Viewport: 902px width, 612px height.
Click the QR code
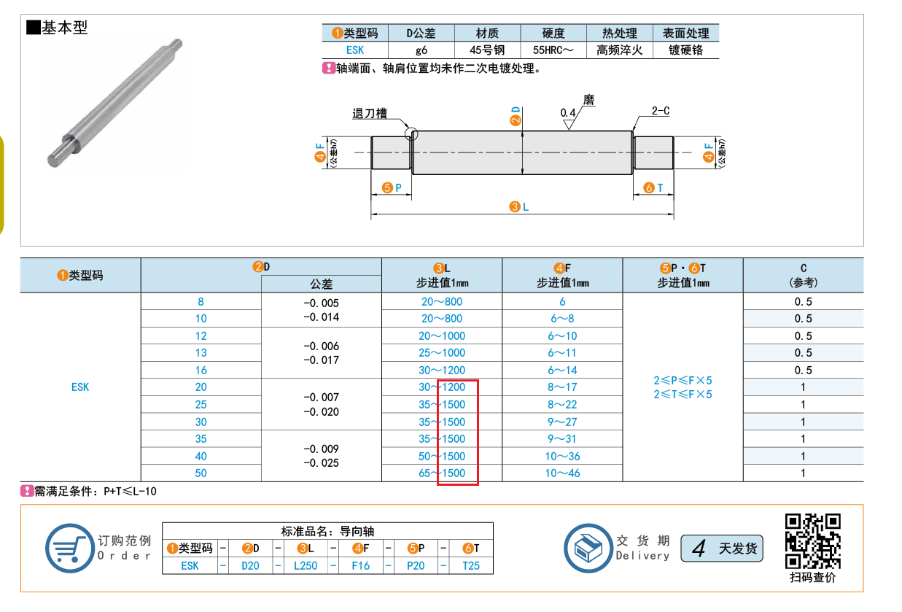[812, 541]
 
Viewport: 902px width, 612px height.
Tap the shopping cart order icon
[70, 548]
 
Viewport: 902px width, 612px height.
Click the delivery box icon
[588, 548]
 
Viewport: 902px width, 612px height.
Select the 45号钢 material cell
[487, 50]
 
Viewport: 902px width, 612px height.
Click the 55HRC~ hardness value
[553, 50]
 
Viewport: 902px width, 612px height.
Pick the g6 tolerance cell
[421, 50]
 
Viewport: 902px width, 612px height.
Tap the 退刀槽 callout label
[369, 114]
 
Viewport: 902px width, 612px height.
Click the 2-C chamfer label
[661, 111]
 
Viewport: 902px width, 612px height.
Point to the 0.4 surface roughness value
[568, 113]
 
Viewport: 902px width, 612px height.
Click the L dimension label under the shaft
[519, 207]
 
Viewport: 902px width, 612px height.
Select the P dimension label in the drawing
[392, 187]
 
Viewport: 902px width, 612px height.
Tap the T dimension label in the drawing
[653, 187]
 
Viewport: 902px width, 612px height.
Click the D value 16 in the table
[201, 371]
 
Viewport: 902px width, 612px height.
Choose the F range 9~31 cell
[562, 438]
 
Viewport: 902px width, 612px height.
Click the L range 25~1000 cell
[442, 353]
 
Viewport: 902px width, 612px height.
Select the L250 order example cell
[306, 565]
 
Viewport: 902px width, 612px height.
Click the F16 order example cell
[360, 565]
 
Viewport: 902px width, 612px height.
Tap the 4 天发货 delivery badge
[722, 549]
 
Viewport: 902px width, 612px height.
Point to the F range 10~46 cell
[562, 473]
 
